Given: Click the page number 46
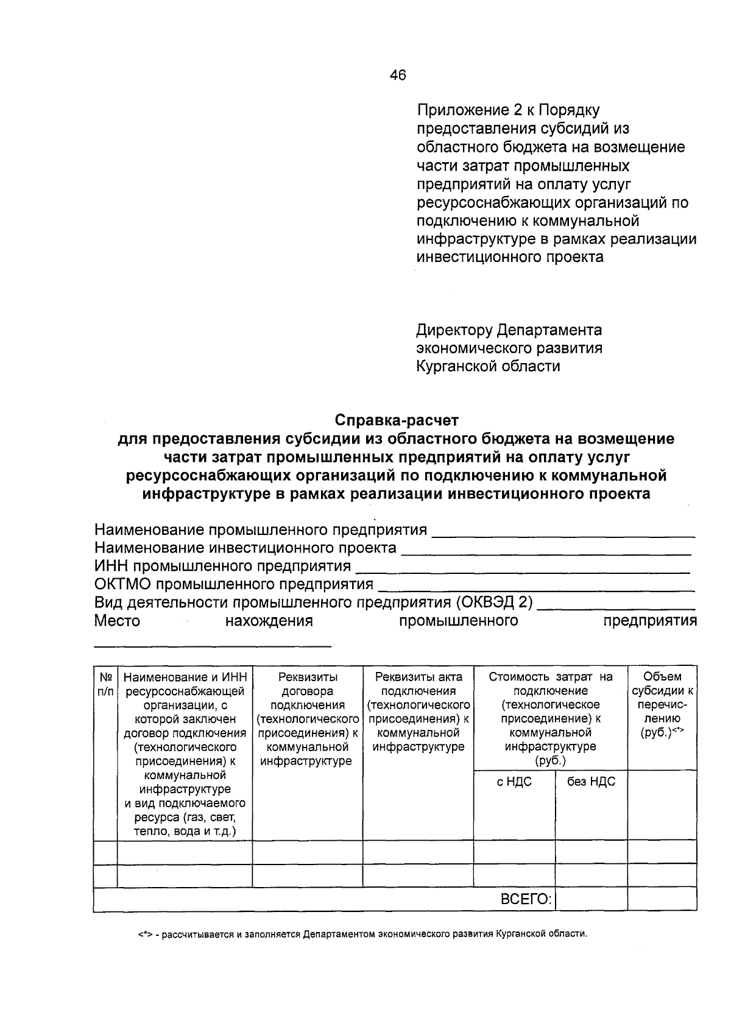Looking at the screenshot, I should pos(397,76).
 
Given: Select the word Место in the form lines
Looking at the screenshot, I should pos(117,621).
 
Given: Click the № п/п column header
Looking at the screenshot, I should pos(105,684).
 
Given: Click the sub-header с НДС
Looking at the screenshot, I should pos(514,782).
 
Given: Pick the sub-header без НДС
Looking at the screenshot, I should pos(591,782).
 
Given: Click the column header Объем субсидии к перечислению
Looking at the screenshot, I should pos(662,704).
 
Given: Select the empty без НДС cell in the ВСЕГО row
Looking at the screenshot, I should pos(591,899).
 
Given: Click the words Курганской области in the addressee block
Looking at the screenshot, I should pos(488,366).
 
